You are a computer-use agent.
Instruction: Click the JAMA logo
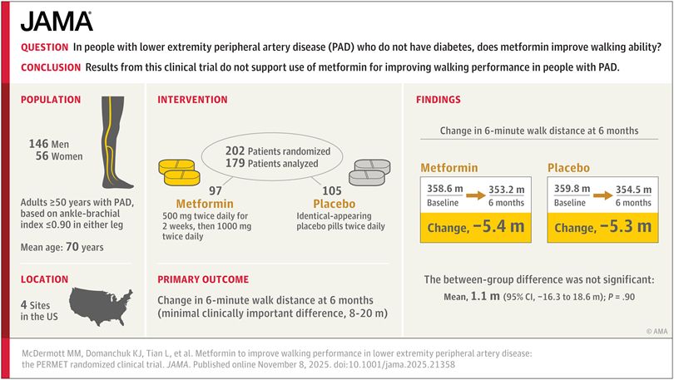point(57,21)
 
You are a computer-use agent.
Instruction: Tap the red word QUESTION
point(45,49)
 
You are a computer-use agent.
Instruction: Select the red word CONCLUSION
point(49,67)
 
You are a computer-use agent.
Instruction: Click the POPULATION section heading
point(51,100)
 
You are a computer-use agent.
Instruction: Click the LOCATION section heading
point(45,279)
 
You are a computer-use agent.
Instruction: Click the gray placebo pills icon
point(366,172)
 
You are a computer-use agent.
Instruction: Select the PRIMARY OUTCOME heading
point(203,279)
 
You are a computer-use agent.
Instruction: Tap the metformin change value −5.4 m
point(496,225)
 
